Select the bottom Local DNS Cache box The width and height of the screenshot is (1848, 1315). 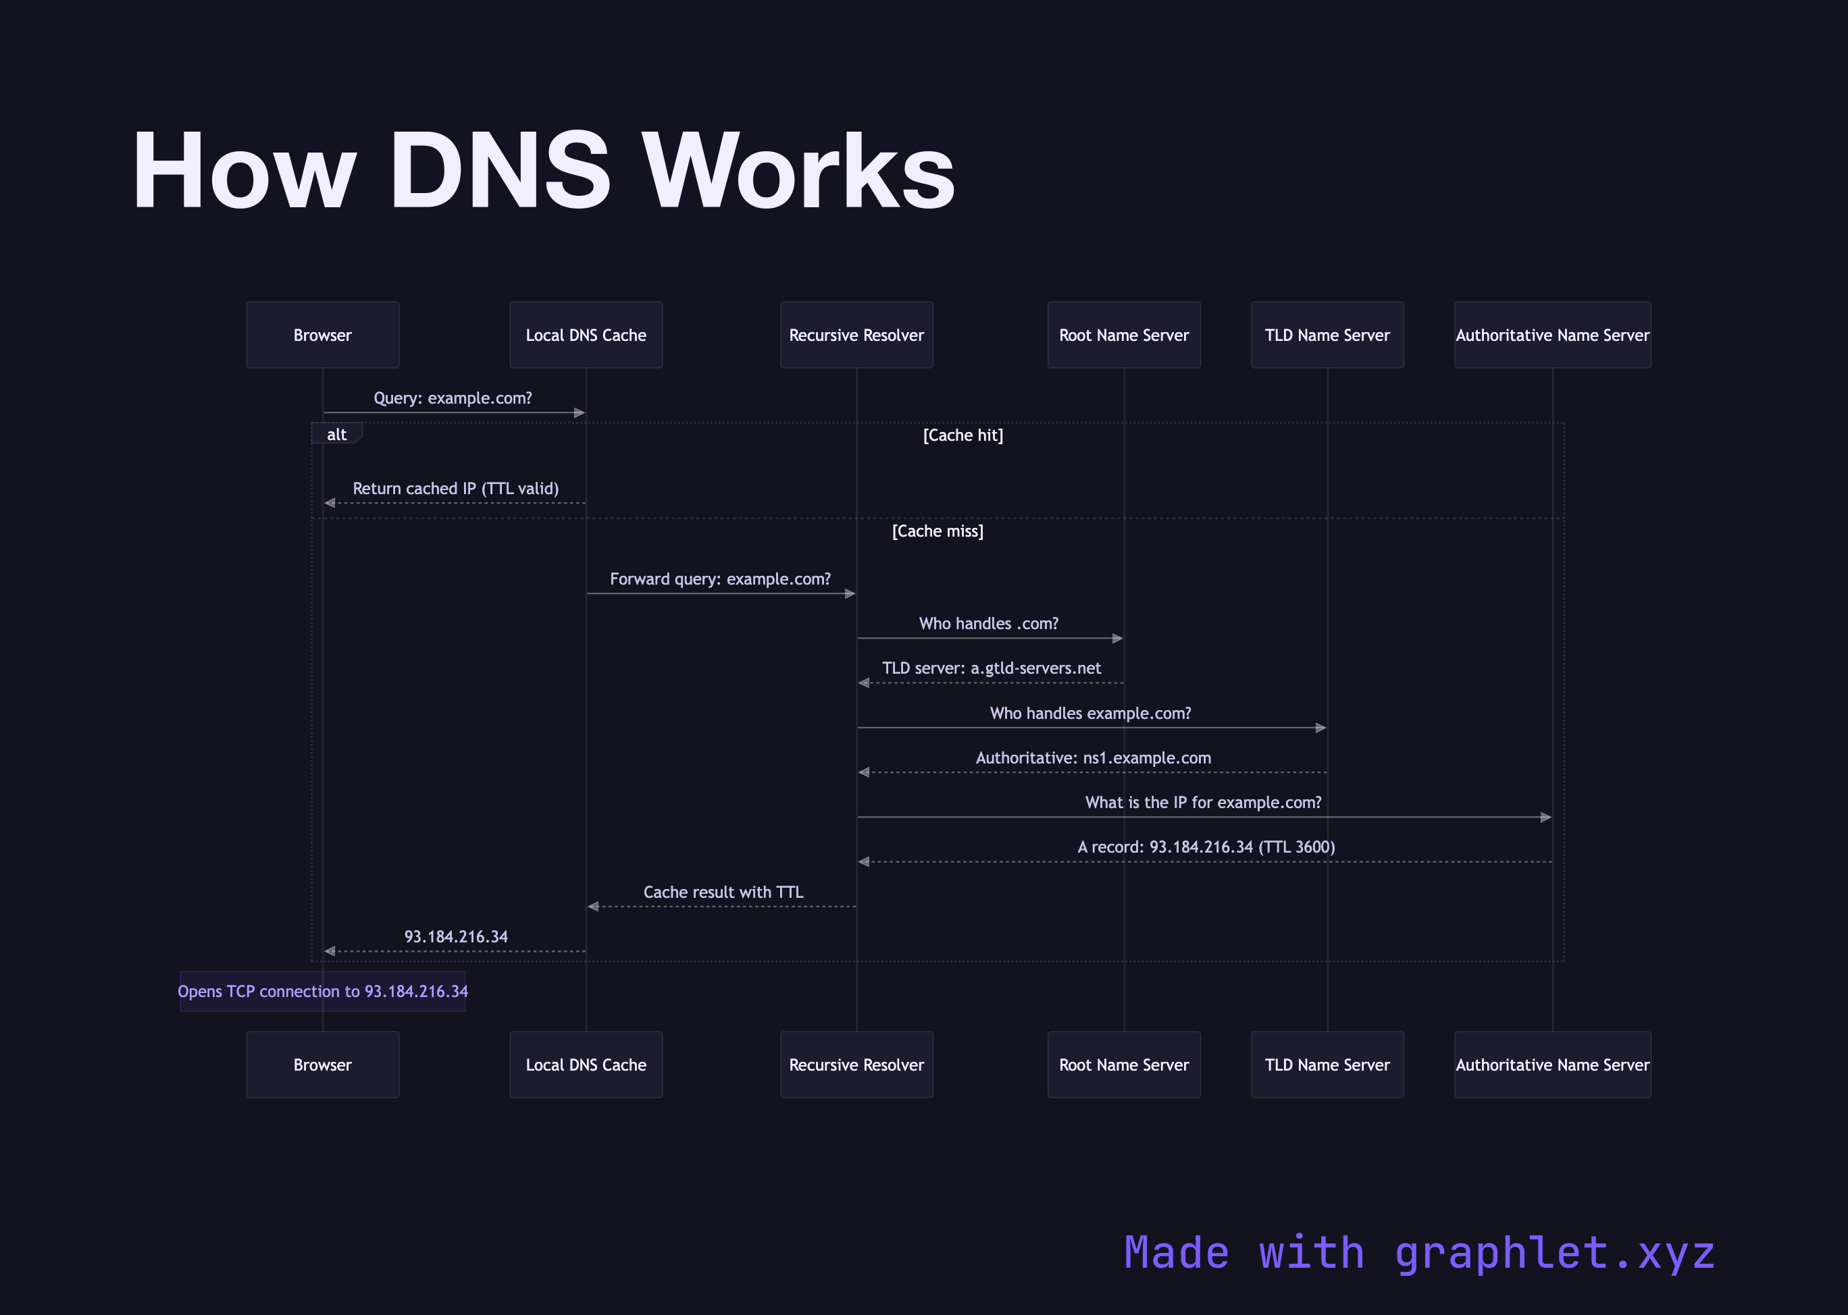click(586, 1064)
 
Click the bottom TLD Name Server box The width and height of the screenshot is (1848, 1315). click(1327, 1064)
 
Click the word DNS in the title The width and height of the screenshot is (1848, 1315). click(499, 171)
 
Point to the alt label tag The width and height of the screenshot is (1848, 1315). click(336, 434)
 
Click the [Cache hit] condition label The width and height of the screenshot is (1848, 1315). click(962, 435)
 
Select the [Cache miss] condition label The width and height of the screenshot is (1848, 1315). click(938, 531)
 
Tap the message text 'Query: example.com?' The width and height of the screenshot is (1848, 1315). click(453, 398)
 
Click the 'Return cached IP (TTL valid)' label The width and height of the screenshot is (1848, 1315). click(455, 488)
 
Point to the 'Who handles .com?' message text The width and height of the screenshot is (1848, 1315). click(988, 624)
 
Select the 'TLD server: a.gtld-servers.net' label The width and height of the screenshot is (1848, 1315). click(992, 668)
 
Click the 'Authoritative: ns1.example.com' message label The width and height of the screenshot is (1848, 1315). click(1093, 758)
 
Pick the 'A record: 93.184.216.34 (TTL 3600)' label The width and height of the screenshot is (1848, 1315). click(1206, 847)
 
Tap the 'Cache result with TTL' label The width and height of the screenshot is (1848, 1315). click(723, 892)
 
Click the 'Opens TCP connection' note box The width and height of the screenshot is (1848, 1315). click(322, 991)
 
